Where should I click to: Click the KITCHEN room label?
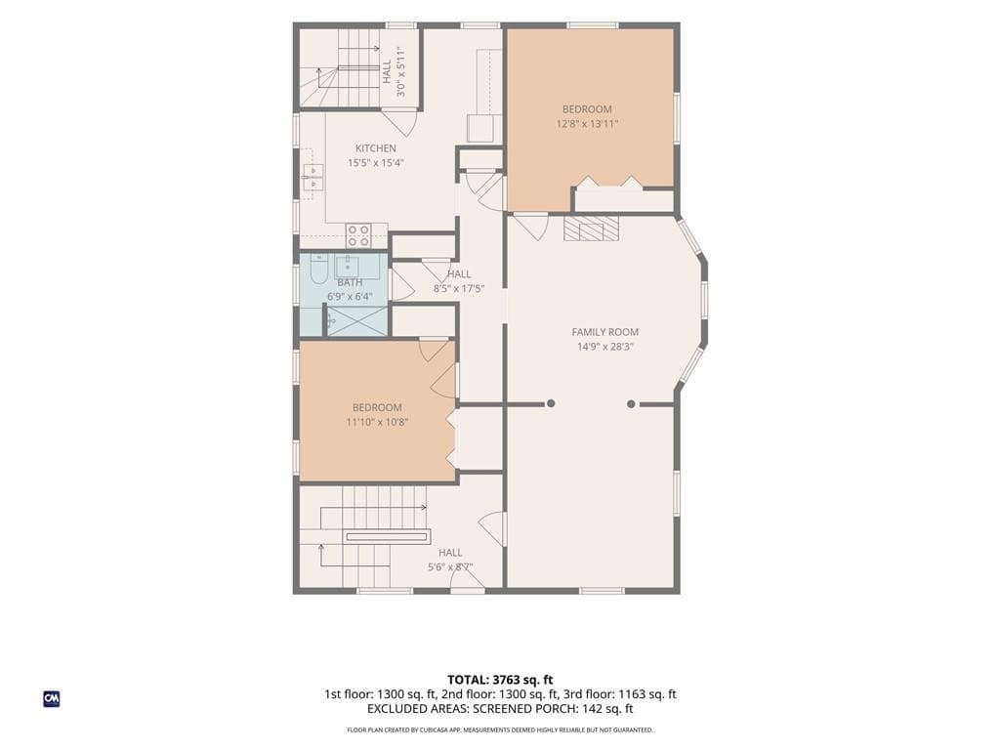tap(376, 148)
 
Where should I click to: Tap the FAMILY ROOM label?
tap(604, 332)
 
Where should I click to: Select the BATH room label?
tap(350, 282)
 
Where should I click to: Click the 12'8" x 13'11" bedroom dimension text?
tap(587, 124)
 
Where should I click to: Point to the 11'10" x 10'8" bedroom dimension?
tap(377, 422)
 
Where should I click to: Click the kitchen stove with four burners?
tap(357, 235)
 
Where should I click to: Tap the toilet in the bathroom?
tap(318, 269)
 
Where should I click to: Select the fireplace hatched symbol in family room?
tap(591, 228)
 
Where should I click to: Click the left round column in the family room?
tap(551, 403)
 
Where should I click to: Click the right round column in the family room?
tap(631, 403)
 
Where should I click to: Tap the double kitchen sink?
tap(312, 177)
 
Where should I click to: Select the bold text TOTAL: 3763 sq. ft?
tap(495, 680)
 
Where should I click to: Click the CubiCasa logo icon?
tap(52, 699)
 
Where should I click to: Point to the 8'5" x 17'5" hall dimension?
tap(459, 288)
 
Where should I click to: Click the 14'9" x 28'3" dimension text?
tap(604, 347)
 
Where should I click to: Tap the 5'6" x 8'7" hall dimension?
tap(450, 567)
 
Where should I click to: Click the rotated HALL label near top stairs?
tap(387, 71)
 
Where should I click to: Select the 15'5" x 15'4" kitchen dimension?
tap(376, 163)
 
